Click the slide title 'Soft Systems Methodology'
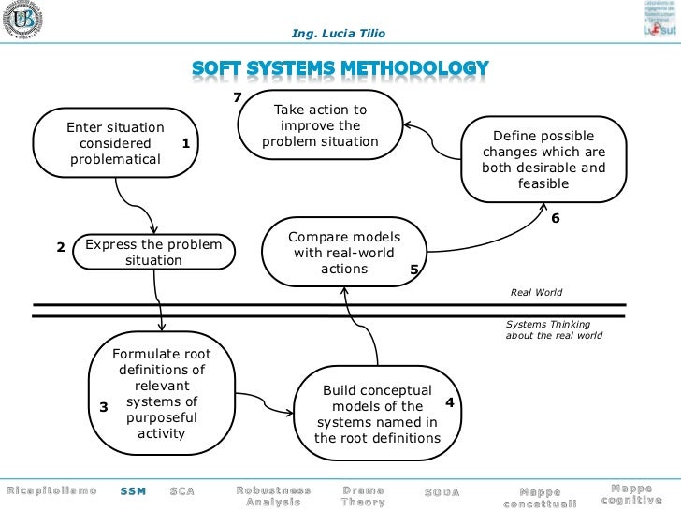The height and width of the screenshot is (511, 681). pos(340,68)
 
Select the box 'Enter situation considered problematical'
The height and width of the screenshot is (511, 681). pos(115,143)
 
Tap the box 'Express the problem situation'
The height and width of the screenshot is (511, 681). pos(153,253)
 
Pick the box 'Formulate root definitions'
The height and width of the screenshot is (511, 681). pos(161,394)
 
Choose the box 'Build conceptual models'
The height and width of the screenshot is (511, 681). pos(377,414)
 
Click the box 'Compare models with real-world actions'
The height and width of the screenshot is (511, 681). pos(343,253)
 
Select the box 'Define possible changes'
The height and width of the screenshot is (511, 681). pos(543,158)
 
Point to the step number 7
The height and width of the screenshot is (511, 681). pos(238,98)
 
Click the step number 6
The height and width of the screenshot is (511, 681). pos(555,218)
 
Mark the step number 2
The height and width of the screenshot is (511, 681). pos(60,248)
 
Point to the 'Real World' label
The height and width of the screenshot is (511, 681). pos(536,292)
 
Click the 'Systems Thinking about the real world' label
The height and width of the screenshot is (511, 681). pos(554,329)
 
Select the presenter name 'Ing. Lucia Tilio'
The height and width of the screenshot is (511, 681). pos(338,34)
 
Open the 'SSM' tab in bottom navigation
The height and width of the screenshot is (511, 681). pos(133,491)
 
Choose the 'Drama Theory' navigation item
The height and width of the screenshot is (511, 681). pos(363,495)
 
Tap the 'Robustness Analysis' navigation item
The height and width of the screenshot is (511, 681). pos(273,495)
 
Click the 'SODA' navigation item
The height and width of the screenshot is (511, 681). pos(442,491)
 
